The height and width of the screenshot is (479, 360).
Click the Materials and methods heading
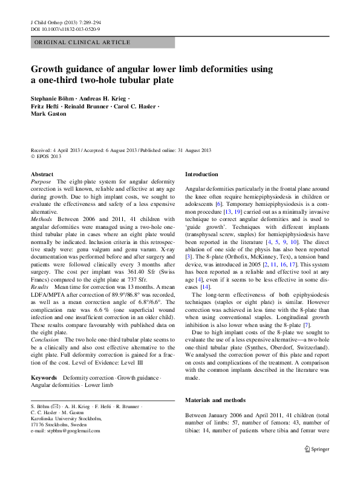(215, 400)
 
